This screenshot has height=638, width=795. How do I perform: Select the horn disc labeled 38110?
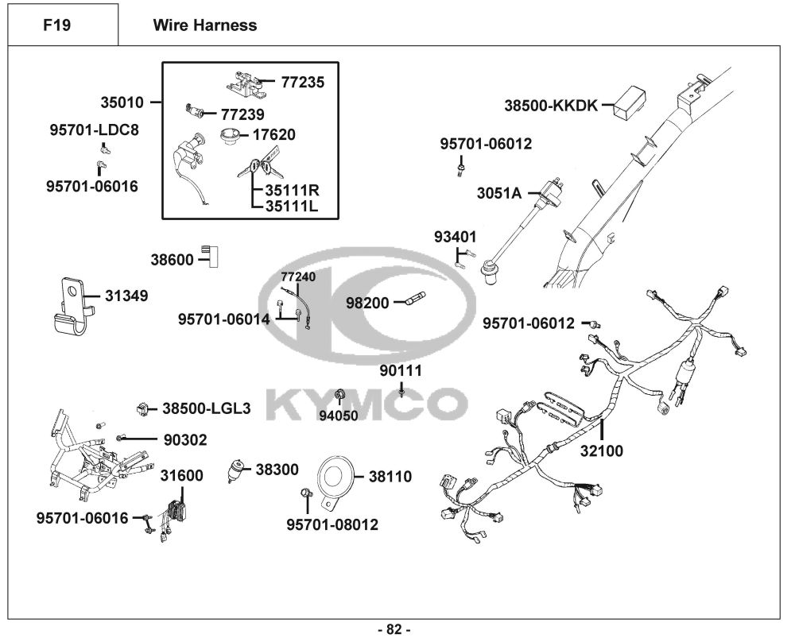(x=335, y=477)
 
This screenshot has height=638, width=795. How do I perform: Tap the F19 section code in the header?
(x=57, y=25)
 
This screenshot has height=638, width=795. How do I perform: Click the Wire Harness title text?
(x=204, y=25)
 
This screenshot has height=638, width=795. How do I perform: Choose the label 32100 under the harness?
(x=602, y=451)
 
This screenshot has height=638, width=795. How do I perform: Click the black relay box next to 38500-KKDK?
(x=628, y=102)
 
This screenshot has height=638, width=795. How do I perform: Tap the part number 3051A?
(x=499, y=193)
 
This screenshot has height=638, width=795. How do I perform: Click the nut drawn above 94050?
(x=339, y=395)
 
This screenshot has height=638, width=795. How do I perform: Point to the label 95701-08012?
(x=332, y=524)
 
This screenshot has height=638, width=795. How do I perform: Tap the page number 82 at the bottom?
(x=394, y=629)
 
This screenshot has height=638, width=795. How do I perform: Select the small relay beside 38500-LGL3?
(x=144, y=408)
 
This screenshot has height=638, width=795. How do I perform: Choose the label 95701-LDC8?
(x=94, y=130)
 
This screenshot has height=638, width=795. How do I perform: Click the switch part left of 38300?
(x=237, y=468)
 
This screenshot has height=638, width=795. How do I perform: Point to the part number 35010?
(x=122, y=102)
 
